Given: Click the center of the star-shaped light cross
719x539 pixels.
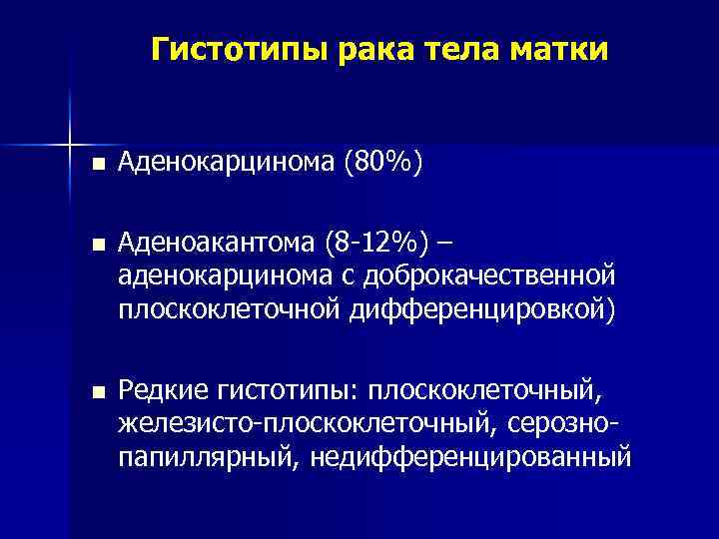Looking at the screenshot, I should coord(70,139).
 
